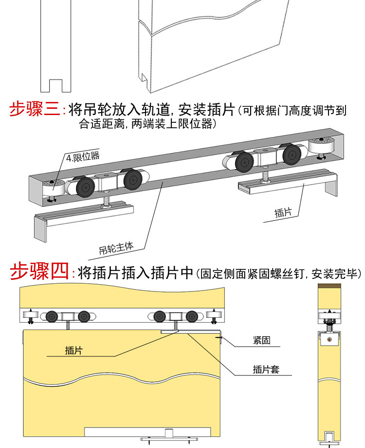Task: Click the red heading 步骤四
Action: [39, 271]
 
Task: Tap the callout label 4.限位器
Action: [83, 157]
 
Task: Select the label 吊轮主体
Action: [116, 248]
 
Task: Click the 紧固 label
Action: [261, 340]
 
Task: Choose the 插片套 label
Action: [266, 369]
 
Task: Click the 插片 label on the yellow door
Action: [73, 351]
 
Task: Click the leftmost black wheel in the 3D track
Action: [85, 187]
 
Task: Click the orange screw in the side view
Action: [329, 340]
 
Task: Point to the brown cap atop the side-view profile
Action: [329, 286]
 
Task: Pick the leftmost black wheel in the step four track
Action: [52, 316]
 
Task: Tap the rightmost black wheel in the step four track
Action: [192, 316]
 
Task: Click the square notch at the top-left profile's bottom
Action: [55, 86]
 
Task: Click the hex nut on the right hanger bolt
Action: [265, 180]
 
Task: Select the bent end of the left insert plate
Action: [40, 229]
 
